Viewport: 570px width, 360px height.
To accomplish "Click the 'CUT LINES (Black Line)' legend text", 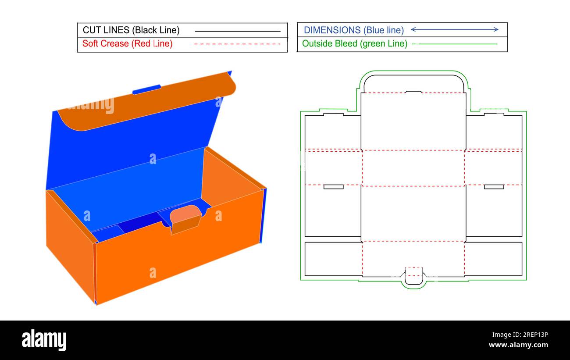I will click(131, 30).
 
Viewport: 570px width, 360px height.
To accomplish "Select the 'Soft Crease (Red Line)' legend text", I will click(127, 44).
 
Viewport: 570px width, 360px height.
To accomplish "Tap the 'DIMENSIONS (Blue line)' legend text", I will click(353, 30).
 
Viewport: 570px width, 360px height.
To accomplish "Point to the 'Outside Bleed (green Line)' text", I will click(354, 44).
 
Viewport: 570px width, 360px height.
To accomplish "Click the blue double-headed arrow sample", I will click(454, 30).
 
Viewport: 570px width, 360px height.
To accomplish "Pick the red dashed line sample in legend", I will click(237, 44).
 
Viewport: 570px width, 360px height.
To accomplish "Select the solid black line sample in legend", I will click(237, 31).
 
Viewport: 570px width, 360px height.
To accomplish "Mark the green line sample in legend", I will click(455, 44).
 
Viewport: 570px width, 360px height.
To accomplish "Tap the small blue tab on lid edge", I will click(146, 89).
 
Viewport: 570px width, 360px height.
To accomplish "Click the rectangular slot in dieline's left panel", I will click(333, 187).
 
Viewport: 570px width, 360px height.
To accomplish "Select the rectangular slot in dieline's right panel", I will click(494, 187).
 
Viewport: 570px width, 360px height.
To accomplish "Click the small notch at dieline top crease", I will click(413, 92).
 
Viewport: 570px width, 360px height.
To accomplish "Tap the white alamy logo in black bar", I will click(44, 340).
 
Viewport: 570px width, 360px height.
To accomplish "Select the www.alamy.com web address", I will click(518, 346).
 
